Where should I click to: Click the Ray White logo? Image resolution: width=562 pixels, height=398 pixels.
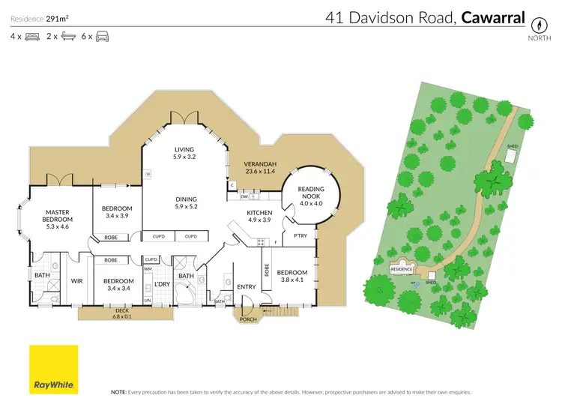click(53, 369)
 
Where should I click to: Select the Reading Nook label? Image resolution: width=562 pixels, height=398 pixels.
click(310, 194)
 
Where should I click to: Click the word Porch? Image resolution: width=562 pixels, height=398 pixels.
click(247, 319)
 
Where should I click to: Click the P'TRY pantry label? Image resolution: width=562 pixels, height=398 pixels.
click(300, 236)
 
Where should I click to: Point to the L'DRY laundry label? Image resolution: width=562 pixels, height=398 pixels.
click(162, 284)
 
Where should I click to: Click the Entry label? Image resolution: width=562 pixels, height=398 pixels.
click(247, 286)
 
